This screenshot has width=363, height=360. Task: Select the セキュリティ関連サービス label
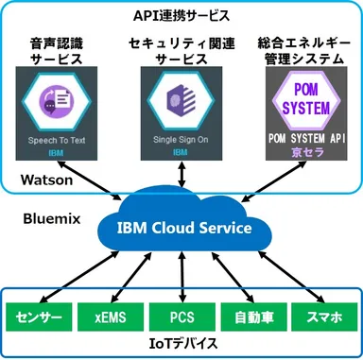(181, 50)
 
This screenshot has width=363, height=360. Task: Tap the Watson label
(43, 178)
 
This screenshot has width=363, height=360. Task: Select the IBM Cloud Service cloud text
(185, 229)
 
